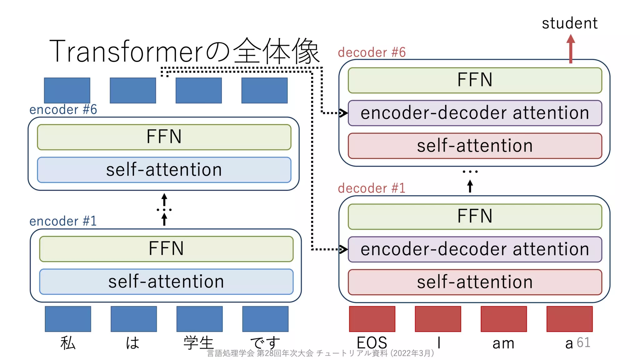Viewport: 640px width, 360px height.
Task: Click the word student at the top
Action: tap(569, 23)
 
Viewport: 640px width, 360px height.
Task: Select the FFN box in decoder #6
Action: tap(475, 80)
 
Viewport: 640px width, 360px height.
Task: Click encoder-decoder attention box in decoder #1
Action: tap(475, 249)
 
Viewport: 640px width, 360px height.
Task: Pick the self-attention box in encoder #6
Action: tap(164, 170)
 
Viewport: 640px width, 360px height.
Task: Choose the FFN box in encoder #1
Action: tap(166, 249)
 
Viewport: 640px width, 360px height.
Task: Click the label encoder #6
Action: tap(63, 110)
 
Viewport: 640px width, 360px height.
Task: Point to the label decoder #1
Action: tap(372, 188)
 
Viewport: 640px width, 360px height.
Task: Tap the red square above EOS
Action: tap(372, 319)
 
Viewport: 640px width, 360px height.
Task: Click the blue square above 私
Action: tap(68, 319)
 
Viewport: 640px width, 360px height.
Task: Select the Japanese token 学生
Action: tap(199, 343)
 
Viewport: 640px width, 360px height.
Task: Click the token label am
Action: tap(503, 343)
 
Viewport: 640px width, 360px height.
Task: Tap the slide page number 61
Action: tap(583, 342)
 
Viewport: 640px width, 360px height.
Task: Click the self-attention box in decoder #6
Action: tap(475, 146)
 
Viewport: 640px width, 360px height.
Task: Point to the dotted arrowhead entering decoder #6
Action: tap(343, 113)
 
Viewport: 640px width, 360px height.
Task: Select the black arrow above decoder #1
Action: tap(470, 186)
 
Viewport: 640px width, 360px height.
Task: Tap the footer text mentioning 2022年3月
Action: tap(320, 353)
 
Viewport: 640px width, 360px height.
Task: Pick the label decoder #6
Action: tap(372, 52)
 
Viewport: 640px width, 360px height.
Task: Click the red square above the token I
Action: tap(438, 319)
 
